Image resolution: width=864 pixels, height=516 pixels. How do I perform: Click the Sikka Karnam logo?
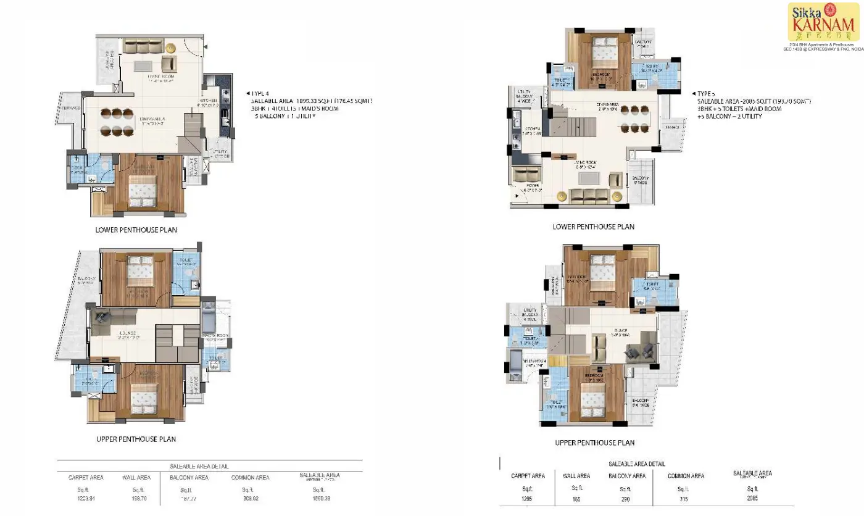(x=823, y=22)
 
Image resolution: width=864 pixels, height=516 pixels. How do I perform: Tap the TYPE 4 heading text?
(x=262, y=93)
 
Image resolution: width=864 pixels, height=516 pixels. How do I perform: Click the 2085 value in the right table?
(x=752, y=498)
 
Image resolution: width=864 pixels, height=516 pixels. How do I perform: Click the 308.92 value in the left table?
(x=250, y=498)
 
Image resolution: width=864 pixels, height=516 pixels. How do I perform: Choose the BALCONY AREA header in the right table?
(x=626, y=476)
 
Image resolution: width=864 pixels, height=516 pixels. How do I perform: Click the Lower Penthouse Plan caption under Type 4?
(x=136, y=230)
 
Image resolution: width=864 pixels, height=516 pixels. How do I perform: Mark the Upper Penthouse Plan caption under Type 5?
(x=594, y=443)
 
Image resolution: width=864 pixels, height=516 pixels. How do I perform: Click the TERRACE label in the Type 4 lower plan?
(x=71, y=108)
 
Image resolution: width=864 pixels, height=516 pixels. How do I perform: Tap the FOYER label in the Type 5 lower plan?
(x=532, y=185)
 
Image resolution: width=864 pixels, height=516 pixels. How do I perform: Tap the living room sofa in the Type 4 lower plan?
(x=143, y=46)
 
